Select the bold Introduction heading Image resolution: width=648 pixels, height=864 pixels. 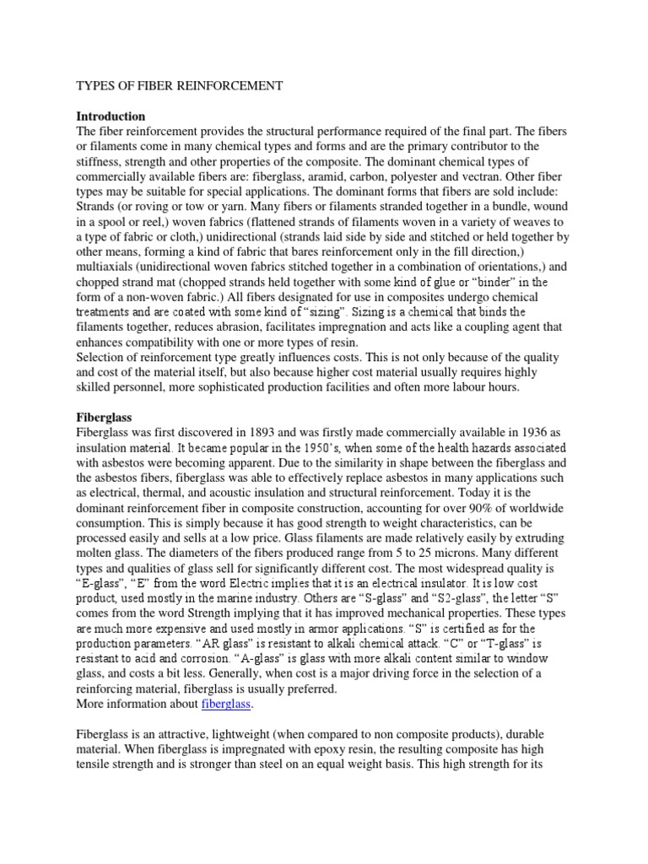111,116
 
